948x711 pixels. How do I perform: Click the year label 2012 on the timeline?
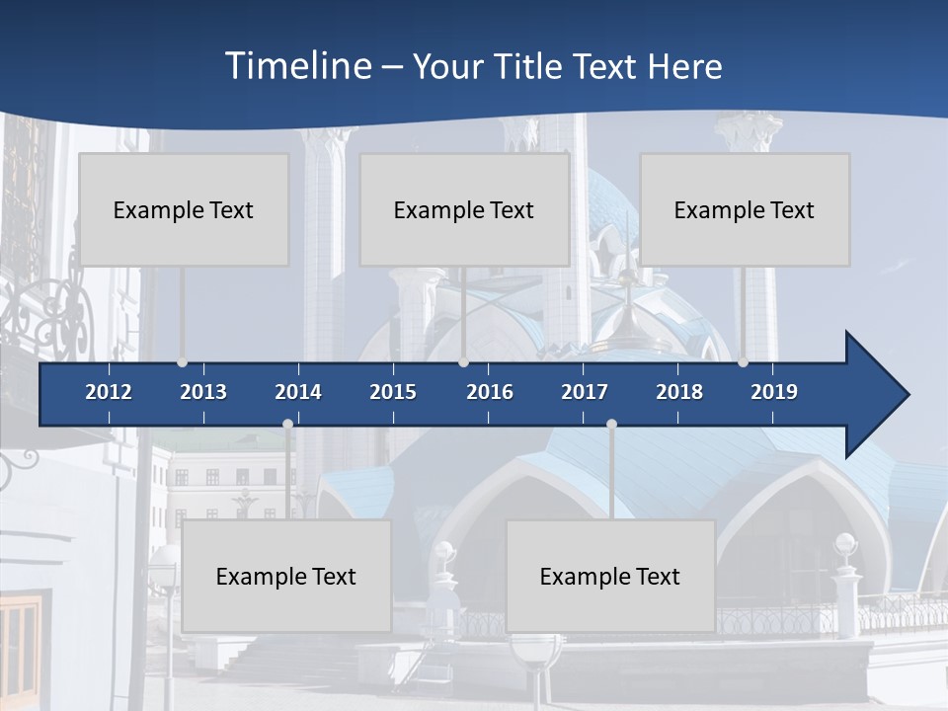(x=109, y=392)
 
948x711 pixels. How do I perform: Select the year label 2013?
(x=203, y=392)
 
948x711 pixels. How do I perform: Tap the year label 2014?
(x=298, y=392)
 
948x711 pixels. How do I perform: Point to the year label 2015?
(x=393, y=392)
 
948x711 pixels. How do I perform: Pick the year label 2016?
(x=490, y=392)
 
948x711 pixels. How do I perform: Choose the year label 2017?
(x=585, y=392)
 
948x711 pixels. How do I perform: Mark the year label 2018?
(x=679, y=392)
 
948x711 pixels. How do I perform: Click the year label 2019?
(x=774, y=392)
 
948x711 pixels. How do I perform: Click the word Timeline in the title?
(x=297, y=66)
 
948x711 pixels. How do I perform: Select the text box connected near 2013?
(x=184, y=209)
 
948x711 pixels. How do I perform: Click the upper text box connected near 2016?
(x=464, y=209)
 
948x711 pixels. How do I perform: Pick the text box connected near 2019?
(x=745, y=209)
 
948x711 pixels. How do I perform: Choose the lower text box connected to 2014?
(x=286, y=576)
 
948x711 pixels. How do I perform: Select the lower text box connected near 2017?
(x=610, y=576)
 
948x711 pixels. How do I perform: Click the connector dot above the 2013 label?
(x=182, y=362)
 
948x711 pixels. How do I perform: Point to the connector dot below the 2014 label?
(x=287, y=424)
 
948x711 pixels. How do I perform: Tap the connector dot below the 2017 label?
(x=611, y=424)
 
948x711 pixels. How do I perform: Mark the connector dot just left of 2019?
(x=743, y=362)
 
